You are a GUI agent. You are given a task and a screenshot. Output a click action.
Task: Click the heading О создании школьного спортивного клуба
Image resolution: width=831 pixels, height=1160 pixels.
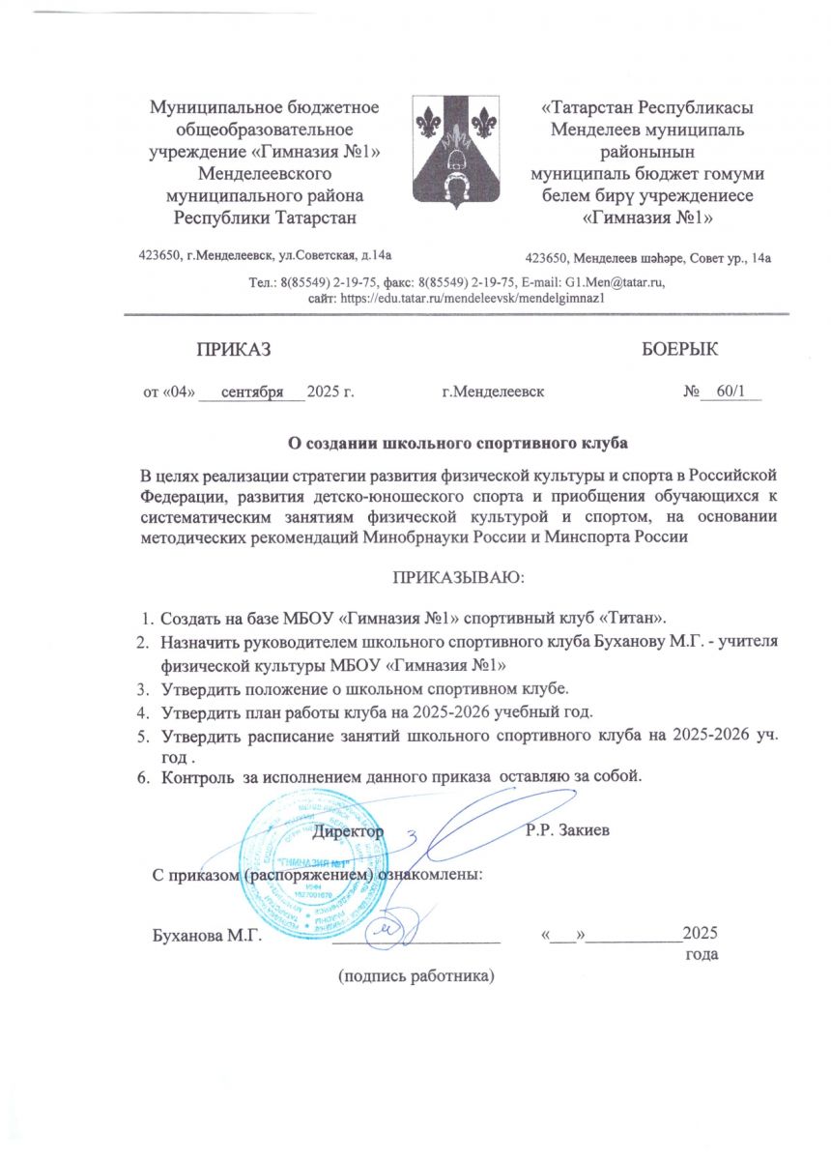click(x=460, y=444)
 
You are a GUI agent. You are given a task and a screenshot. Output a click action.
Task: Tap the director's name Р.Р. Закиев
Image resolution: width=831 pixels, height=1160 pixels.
click(x=567, y=830)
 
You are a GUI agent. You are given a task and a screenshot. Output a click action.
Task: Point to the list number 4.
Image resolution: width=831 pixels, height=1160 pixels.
click(x=141, y=713)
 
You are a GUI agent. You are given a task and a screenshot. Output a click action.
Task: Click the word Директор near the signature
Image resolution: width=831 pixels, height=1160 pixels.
click(x=351, y=830)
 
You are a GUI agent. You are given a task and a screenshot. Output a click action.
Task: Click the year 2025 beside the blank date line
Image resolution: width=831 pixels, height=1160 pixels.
click(x=699, y=934)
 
